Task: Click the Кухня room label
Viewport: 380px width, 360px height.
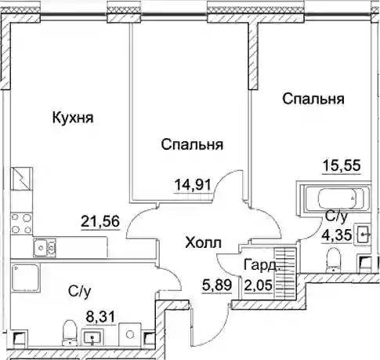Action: (73, 118)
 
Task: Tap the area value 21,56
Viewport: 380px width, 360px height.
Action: (100, 221)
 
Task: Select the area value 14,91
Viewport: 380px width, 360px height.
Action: (193, 185)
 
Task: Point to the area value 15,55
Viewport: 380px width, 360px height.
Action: (342, 165)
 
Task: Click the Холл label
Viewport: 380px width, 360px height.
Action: (203, 242)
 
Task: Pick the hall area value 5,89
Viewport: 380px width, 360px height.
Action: (217, 285)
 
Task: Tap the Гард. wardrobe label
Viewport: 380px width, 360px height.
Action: (261, 265)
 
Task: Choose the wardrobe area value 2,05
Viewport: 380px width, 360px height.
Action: (259, 285)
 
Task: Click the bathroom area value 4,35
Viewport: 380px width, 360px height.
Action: (336, 235)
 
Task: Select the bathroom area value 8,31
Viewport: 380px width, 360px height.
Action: (100, 317)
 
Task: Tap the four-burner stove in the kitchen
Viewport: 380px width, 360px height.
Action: (22, 224)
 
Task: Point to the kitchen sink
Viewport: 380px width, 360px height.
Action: (45, 247)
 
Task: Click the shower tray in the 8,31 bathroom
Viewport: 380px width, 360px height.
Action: (26, 278)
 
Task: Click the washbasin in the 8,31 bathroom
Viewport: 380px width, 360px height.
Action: (93, 337)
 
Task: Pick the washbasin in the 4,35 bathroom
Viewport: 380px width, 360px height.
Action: (363, 235)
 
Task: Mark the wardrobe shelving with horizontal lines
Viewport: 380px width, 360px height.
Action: (285, 273)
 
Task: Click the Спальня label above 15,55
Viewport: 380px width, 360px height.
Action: (313, 99)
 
